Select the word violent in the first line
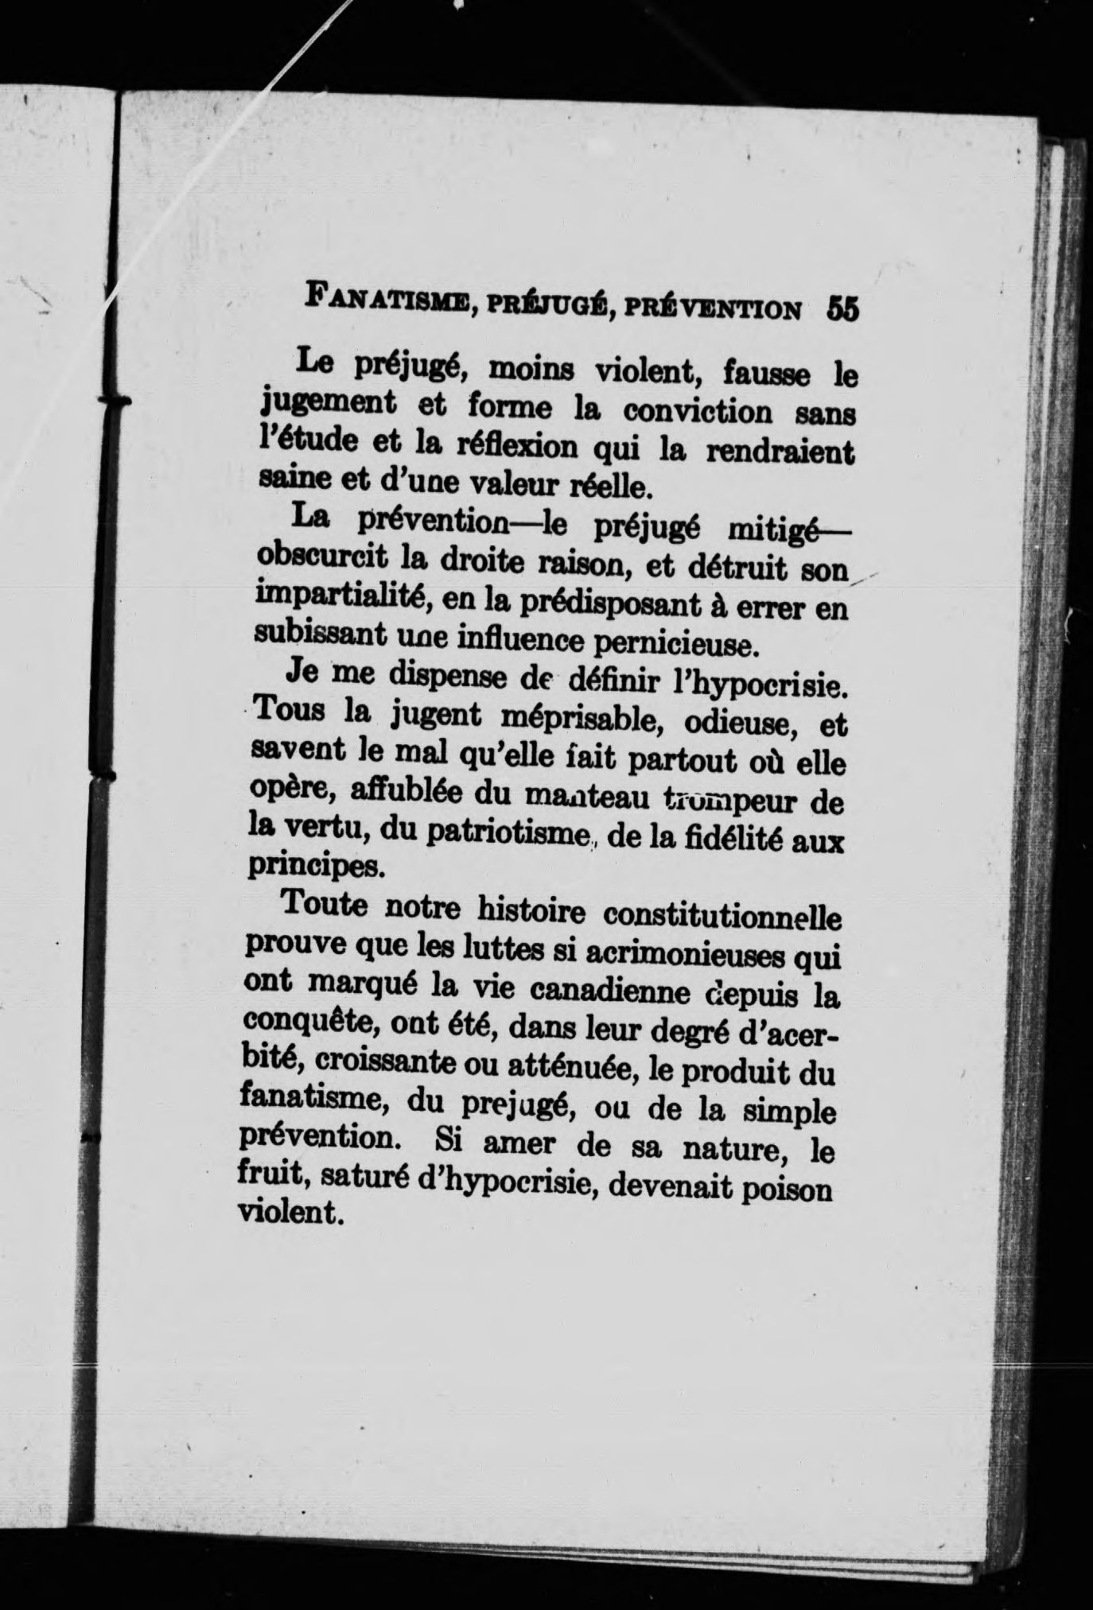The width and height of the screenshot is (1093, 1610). [x=648, y=371]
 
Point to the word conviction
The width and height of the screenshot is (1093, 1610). [x=697, y=413]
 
